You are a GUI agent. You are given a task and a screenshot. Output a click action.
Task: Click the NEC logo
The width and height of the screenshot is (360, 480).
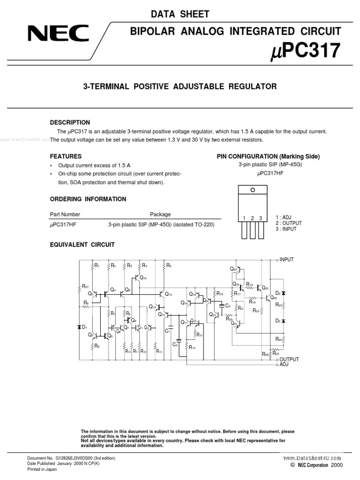coord(58,34)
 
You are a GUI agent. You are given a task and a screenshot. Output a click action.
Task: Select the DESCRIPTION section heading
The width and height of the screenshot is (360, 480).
coord(70,122)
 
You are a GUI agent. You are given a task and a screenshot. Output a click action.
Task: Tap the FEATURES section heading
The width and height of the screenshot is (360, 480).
coord(66,156)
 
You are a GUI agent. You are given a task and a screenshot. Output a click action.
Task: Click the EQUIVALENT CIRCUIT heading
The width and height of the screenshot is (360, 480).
coord(82,245)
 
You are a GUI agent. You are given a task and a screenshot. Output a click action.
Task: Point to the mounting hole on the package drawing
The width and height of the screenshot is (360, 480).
coord(252,190)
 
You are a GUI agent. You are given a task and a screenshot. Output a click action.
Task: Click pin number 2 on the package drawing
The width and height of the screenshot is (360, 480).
coord(252,218)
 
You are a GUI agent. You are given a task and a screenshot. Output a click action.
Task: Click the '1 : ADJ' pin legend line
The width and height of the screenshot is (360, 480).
coord(284,217)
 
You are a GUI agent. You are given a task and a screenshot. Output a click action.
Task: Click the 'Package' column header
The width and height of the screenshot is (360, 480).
coord(160,214)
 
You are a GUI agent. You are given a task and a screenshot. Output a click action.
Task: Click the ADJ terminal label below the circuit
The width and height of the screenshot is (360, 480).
coord(284,364)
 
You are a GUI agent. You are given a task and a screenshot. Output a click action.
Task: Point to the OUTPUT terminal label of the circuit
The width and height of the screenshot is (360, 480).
coord(289,359)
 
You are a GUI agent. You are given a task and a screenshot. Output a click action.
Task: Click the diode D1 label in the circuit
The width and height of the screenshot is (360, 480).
coord(85,327)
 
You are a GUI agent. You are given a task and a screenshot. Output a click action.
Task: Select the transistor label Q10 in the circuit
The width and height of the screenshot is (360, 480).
coord(143,278)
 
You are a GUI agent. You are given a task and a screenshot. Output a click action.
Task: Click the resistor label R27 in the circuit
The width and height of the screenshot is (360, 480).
coord(85,286)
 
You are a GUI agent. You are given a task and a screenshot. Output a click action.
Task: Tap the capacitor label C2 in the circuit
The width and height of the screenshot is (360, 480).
coord(175,345)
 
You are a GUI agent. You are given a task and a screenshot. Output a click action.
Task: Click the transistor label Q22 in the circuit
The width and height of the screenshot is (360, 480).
coord(233,269)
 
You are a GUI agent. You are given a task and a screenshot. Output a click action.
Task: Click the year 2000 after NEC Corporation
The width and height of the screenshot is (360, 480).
coord(337,465)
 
